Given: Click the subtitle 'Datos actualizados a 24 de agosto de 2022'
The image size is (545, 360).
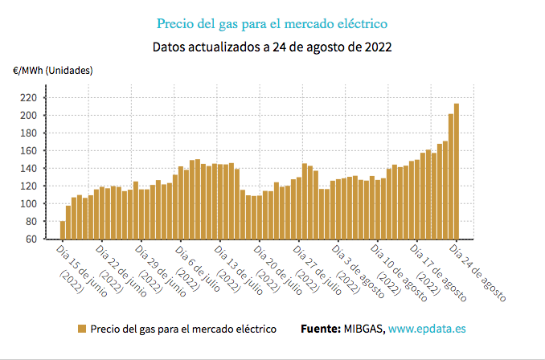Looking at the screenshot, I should tap(272, 47).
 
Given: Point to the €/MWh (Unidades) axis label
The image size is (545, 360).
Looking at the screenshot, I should tap(52, 71).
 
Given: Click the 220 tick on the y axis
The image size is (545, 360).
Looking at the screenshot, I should tap(29, 97).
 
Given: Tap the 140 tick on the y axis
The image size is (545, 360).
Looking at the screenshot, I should tap(29, 168).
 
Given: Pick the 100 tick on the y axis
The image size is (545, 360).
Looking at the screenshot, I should tap(29, 203).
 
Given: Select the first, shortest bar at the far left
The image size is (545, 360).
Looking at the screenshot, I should tap(63, 230).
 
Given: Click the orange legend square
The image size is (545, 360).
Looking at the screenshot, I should tap(82, 329).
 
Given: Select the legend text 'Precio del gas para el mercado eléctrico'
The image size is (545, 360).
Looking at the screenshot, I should tap(183, 329).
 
